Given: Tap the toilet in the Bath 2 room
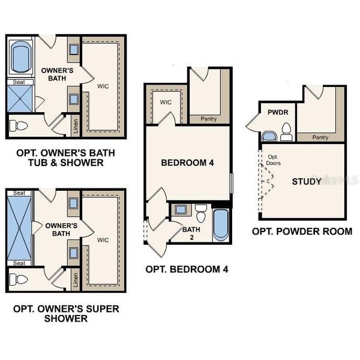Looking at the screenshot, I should [x=201, y=212].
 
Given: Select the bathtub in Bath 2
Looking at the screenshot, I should [x=220, y=225].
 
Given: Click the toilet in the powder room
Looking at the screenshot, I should [x=286, y=131].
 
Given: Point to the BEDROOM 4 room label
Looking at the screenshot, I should [x=187, y=163].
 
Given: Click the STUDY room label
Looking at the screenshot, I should [x=306, y=181].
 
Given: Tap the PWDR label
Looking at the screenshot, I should [x=271, y=112].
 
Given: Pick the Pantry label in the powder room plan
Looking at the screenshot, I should [x=320, y=137].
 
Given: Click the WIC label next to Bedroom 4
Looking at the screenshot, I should [x=166, y=102].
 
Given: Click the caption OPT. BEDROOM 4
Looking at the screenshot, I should [x=187, y=269].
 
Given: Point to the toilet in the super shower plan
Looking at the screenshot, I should [x=22, y=280].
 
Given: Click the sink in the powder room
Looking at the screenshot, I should [x=269, y=135].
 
